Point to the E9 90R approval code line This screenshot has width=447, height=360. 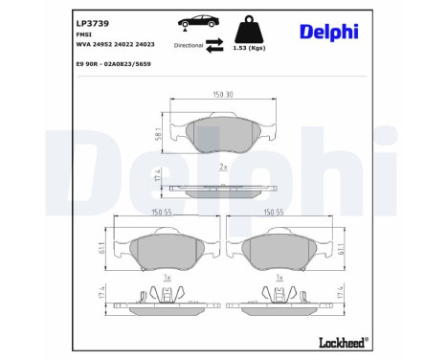(x=113, y=64)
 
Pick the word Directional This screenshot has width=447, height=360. (x=189, y=44)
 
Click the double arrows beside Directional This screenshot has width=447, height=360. (x=216, y=43)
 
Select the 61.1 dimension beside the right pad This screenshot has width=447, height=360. (x=341, y=252)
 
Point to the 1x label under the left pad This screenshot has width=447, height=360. (x=168, y=277)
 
